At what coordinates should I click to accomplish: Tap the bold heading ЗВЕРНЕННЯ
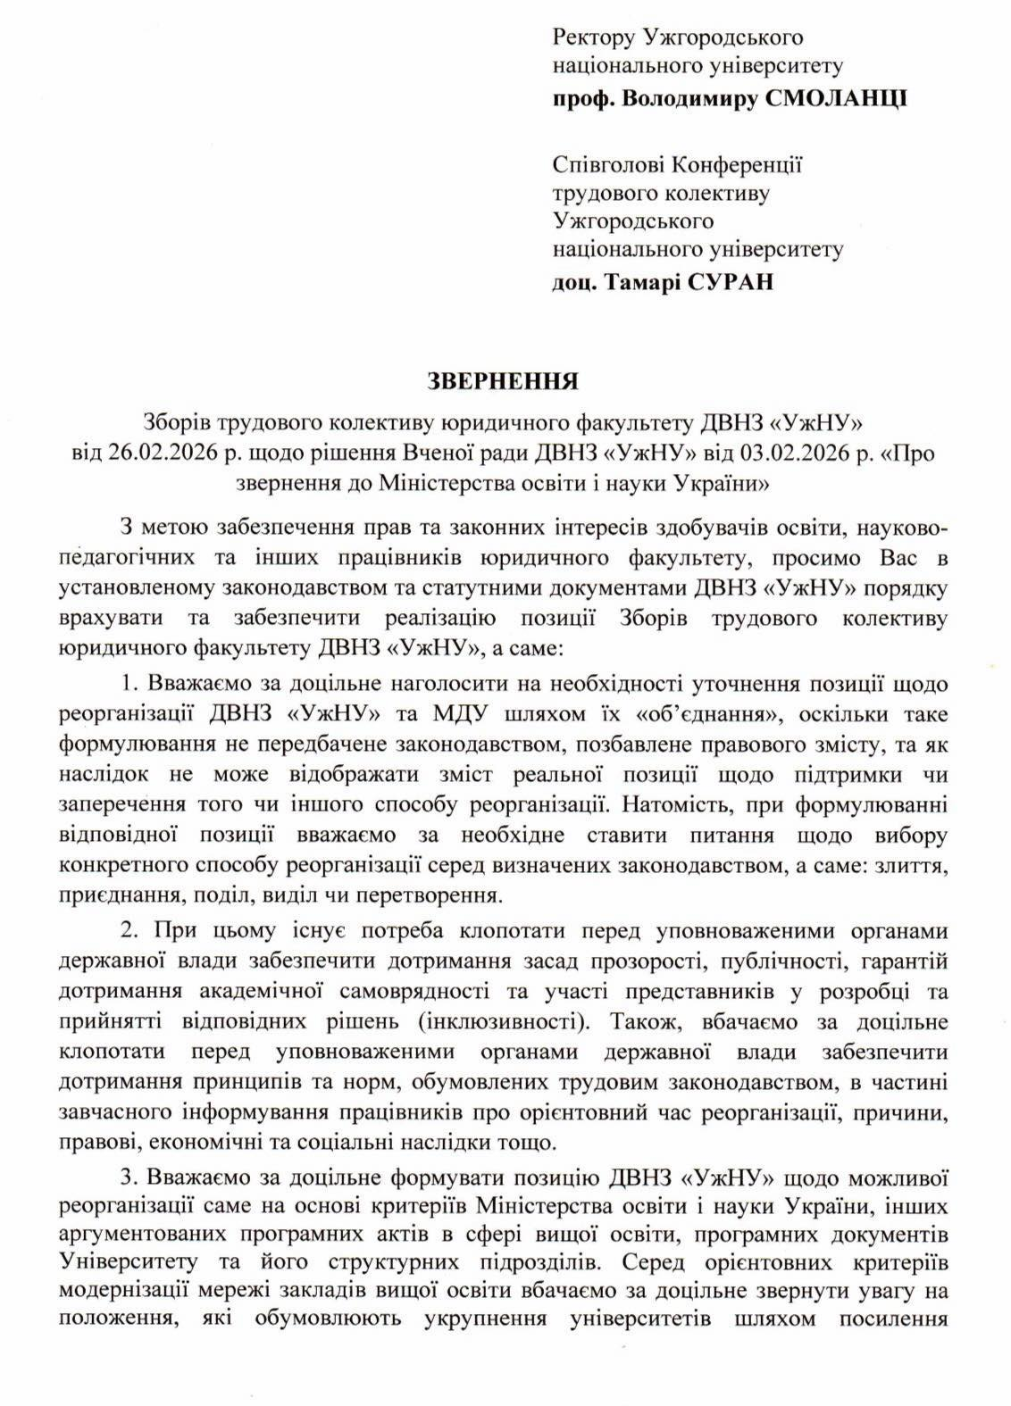pos(505,382)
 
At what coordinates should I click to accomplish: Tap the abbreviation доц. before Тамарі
pos(575,283)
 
